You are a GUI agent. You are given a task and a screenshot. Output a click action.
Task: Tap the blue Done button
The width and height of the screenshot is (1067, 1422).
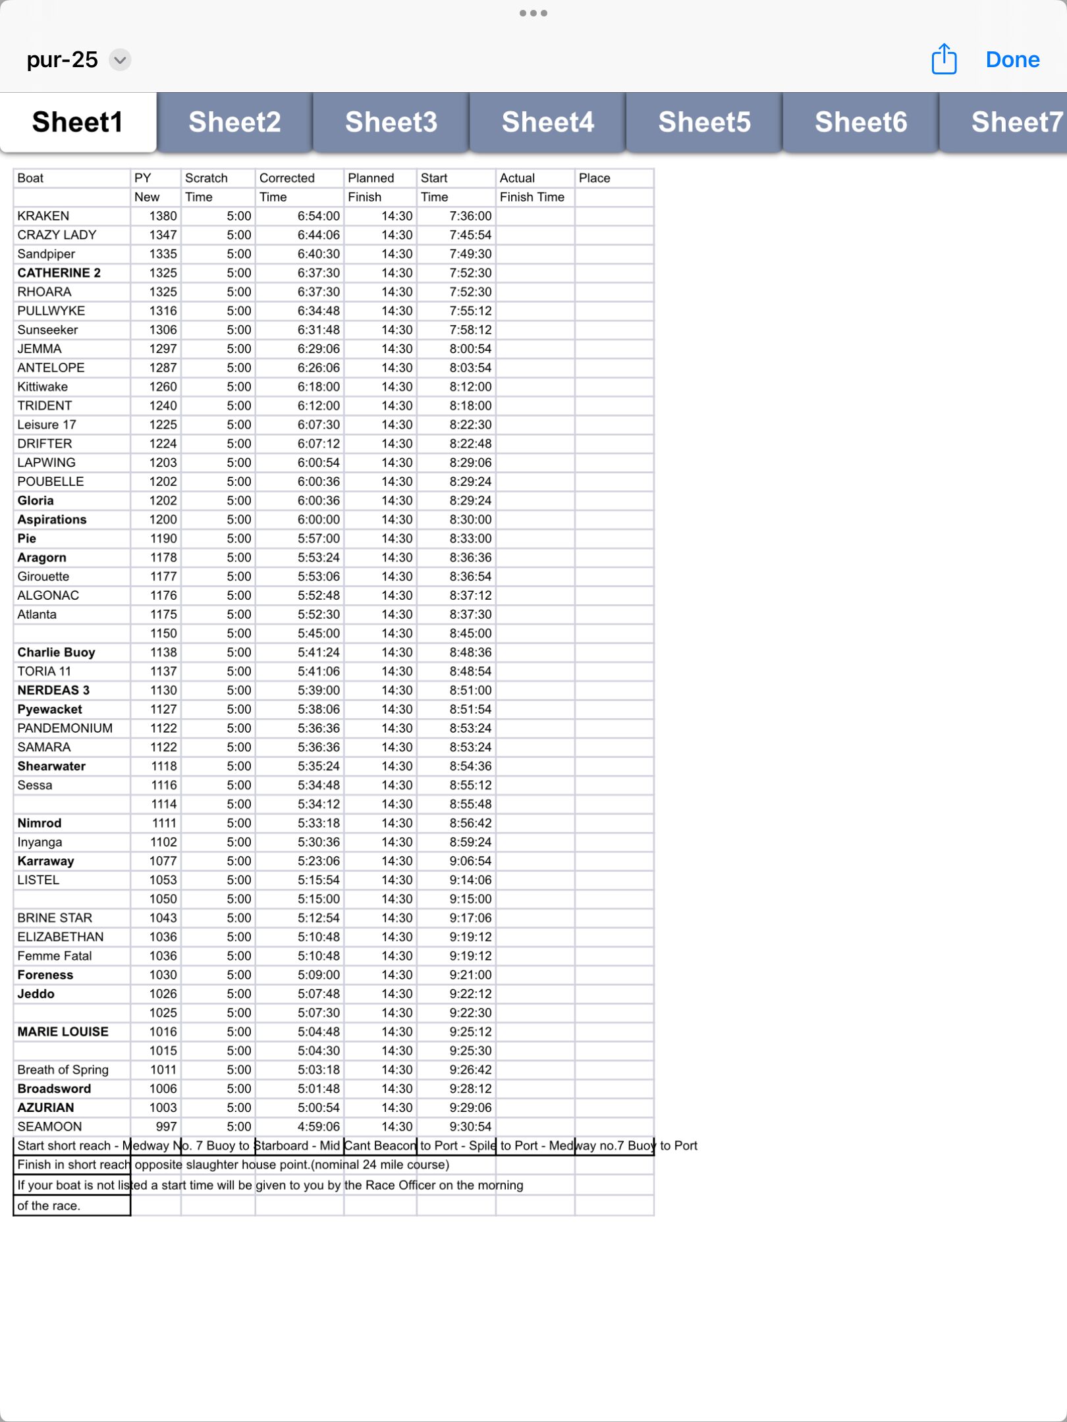[x=1012, y=60]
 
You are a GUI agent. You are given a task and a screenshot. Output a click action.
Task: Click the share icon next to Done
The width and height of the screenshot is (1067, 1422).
[x=944, y=59]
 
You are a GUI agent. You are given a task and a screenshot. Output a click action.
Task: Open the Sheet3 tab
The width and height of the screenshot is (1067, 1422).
[x=391, y=122]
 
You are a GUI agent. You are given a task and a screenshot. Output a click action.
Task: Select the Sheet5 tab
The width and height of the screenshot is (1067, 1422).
[x=704, y=122]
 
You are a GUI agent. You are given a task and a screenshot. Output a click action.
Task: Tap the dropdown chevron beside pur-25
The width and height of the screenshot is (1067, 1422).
[x=120, y=60]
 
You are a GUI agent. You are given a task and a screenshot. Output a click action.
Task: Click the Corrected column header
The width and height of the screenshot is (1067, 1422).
[x=287, y=178]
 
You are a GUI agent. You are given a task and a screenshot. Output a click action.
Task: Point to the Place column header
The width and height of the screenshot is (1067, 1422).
[x=594, y=178]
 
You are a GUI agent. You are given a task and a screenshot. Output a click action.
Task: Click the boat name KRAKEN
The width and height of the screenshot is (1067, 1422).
[x=43, y=216]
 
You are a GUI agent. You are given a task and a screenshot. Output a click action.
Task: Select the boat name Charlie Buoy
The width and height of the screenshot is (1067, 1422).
[x=57, y=652]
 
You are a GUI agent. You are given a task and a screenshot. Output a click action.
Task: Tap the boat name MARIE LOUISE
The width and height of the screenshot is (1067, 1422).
[x=63, y=1032]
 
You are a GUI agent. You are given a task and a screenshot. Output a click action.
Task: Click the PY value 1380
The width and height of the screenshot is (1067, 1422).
[x=163, y=216]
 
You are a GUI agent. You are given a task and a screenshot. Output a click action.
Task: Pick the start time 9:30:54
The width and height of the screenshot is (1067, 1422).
[x=470, y=1126]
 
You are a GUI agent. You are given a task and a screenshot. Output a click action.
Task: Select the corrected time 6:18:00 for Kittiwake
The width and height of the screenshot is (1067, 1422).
[x=319, y=386]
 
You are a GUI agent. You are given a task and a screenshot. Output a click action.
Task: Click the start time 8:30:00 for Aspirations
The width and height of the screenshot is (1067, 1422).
[x=470, y=519]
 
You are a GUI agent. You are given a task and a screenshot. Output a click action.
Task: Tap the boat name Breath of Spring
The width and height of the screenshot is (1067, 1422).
[x=63, y=1070]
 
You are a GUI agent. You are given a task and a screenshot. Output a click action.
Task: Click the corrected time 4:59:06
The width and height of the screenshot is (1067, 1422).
[x=319, y=1126]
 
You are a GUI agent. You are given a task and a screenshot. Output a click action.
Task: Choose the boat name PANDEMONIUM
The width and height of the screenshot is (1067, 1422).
[x=65, y=728]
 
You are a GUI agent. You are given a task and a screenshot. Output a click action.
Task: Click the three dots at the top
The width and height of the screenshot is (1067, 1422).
[x=533, y=13]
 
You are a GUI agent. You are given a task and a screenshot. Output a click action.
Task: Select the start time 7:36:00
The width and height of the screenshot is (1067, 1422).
[x=470, y=216]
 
